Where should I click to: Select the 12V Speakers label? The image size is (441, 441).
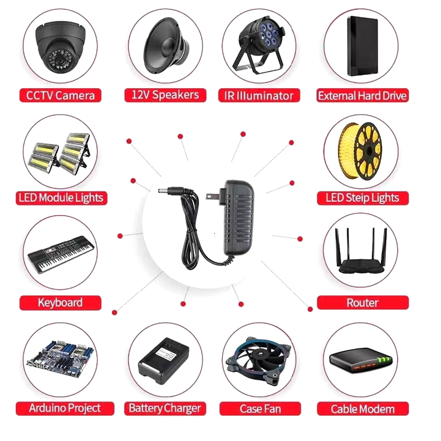tap(165, 95)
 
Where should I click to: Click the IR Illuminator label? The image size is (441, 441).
tap(260, 95)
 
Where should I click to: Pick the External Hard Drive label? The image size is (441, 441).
tap(362, 95)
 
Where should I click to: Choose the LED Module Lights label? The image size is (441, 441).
tap(61, 197)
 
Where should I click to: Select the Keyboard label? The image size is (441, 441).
tap(61, 302)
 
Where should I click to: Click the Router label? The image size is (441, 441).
tap(362, 302)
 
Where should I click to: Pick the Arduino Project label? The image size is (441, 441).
tap(66, 408)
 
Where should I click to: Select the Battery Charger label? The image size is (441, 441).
tap(165, 408)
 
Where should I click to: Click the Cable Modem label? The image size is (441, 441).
tap(362, 408)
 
